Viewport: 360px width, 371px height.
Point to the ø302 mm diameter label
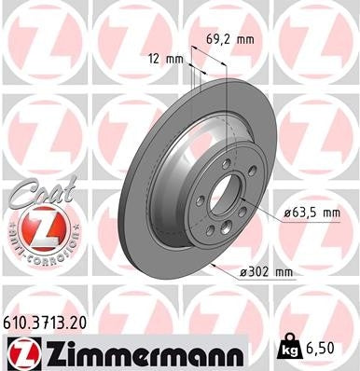point(266,272)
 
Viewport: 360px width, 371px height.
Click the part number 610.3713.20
point(51,321)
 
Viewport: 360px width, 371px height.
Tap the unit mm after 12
point(175,59)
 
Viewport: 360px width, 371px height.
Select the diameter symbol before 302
point(242,272)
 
